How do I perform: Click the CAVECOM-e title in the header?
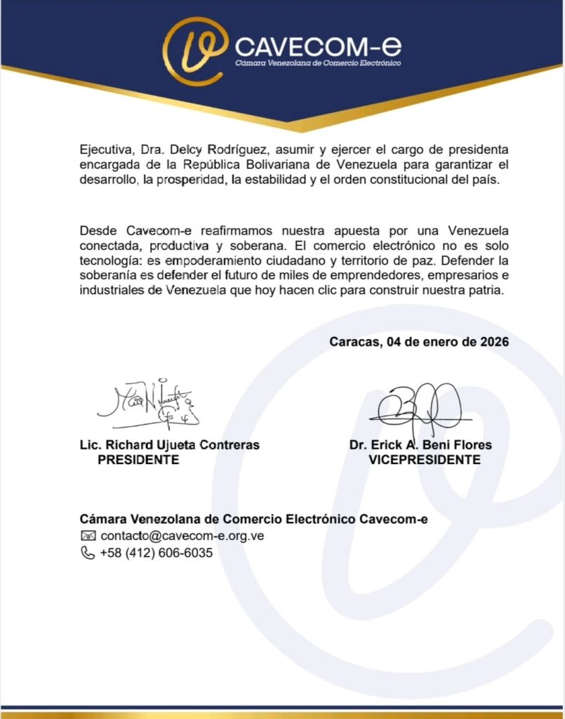click(318, 48)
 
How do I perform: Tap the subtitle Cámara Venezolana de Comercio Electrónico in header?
click(317, 64)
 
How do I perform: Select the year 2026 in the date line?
click(492, 342)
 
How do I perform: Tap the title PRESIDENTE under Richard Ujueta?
click(138, 460)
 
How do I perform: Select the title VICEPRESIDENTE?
click(425, 460)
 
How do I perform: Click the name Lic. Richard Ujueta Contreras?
click(170, 445)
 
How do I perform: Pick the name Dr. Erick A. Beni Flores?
click(420, 445)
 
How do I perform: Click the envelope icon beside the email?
click(88, 536)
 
